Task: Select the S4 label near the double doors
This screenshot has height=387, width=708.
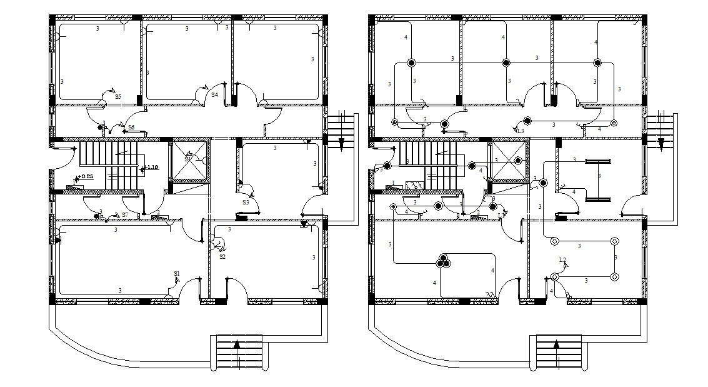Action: pyautogui.click(x=214, y=95)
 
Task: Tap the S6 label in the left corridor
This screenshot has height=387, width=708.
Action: pyautogui.click(x=131, y=128)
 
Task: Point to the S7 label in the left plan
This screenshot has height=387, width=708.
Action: pyautogui.click(x=125, y=215)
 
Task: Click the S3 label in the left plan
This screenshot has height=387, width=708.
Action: pyautogui.click(x=246, y=203)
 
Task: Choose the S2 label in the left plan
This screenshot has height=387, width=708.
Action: pyautogui.click(x=222, y=256)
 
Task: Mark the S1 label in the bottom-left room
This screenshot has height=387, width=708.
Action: pyautogui.click(x=177, y=274)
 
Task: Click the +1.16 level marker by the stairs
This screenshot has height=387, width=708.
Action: pyautogui.click(x=151, y=168)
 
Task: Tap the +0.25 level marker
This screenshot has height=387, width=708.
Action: pyautogui.click(x=86, y=177)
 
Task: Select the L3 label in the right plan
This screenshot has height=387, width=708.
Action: pyautogui.click(x=521, y=131)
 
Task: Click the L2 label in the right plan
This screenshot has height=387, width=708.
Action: pyautogui.click(x=562, y=260)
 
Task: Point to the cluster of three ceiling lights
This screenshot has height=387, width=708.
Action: pyautogui.click(x=444, y=261)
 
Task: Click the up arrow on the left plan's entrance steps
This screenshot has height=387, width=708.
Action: pyautogui.click(x=237, y=344)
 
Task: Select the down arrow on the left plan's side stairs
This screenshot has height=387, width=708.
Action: pyautogui.click(x=341, y=145)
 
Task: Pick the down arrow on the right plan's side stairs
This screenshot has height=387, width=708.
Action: pyautogui.click(x=661, y=145)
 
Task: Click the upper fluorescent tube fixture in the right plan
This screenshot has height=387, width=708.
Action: pyautogui.click(x=597, y=162)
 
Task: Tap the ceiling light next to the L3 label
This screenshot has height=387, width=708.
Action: pyautogui.click(x=527, y=121)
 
